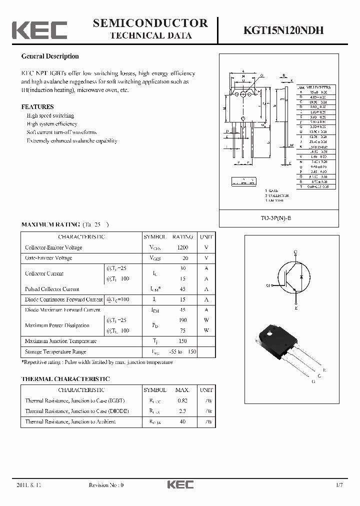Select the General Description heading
tap(50, 56)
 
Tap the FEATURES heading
tap(37, 106)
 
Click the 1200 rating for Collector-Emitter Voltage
tap(182, 247)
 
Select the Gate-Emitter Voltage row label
tap(48, 258)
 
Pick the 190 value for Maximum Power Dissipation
tap(182, 320)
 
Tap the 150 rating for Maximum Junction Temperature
tap(182, 341)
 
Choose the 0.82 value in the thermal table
tap(182, 400)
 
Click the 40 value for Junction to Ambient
tap(182, 421)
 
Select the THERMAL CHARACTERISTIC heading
tap(65, 379)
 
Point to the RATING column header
tap(182, 237)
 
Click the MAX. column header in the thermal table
tap(182, 390)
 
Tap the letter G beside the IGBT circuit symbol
tap(268, 285)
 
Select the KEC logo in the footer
tap(180, 485)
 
